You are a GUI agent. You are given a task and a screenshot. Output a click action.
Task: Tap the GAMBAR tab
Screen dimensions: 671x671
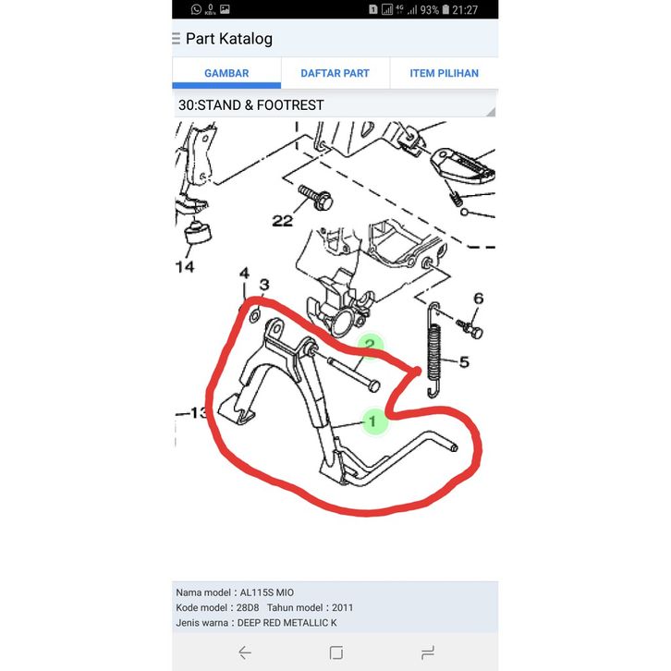pos(226,73)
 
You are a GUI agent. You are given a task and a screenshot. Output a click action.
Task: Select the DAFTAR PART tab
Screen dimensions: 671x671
pos(335,73)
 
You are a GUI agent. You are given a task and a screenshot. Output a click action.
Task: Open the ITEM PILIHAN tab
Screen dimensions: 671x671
pos(445,73)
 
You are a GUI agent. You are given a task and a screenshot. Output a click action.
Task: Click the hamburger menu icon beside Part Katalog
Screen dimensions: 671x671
pos(176,39)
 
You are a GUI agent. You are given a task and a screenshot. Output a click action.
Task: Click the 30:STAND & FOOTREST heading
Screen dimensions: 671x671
pos(250,105)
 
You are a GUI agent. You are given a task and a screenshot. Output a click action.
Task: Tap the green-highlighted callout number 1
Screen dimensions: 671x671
pos(372,421)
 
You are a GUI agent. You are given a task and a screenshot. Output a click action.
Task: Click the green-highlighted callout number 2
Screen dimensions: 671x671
pos(370,344)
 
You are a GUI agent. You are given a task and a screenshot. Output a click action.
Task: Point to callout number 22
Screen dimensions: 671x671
pos(283,221)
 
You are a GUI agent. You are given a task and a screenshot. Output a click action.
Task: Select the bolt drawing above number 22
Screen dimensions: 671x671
pos(316,197)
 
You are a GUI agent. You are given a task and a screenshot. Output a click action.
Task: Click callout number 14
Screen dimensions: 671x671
pos(185,267)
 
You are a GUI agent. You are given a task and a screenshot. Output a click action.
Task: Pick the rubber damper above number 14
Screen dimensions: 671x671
pos(198,232)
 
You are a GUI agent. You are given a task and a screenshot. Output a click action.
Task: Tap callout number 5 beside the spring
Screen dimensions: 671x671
pos(464,362)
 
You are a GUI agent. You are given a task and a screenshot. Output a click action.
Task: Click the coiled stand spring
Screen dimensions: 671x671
pos(433,349)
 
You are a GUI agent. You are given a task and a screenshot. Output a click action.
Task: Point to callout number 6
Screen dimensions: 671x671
pos(479,299)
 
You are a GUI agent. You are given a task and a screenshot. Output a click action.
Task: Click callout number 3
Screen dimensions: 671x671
pos(264,285)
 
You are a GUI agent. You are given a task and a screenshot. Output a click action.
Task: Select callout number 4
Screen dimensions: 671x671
pos(244,273)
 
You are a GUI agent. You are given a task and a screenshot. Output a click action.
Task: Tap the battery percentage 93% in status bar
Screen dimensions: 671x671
pos(429,10)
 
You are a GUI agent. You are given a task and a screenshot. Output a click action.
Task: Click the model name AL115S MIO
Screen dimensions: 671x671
pos(266,592)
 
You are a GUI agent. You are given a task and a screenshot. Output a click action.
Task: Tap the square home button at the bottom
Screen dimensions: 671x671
pos(335,653)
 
